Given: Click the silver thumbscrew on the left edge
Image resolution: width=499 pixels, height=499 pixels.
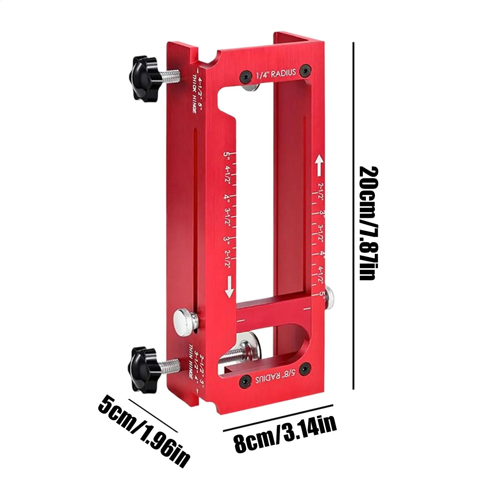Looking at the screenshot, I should click(x=184, y=323).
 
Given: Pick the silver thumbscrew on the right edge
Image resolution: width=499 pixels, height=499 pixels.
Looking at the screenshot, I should click(x=329, y=298).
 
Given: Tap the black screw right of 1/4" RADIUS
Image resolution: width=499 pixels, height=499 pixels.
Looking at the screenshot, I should click(x=305, y=71).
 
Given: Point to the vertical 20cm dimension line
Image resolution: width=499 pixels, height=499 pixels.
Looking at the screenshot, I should click(x=353, y=215).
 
